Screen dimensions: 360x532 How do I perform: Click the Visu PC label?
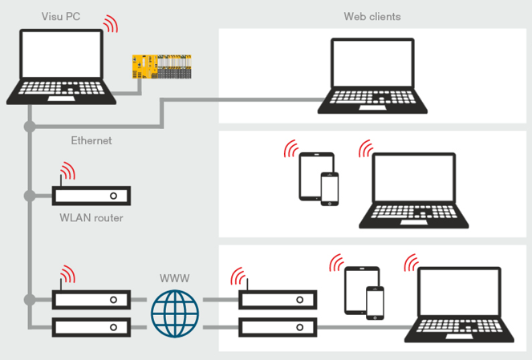click(61, 16)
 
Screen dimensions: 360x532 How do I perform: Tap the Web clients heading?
click(372, 16)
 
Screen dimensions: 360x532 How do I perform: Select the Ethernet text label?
click(91, 140)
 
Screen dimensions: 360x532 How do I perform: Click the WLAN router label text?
click(91, 217)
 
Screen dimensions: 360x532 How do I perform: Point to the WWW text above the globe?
click(175, 278)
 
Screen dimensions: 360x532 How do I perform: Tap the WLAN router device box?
click(91, 196)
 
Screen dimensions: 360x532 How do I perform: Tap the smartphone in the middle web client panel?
click(330, 188)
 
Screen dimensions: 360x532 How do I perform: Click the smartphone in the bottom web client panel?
click(375, 303)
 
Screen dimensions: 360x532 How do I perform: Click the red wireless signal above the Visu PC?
click(110, 24)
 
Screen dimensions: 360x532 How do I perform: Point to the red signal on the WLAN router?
click(67, 172)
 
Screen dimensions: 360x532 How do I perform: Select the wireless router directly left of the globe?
click(91, 300)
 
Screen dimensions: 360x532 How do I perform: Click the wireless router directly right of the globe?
click(278, 300)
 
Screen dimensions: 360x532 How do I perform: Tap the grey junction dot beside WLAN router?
click(30, 196)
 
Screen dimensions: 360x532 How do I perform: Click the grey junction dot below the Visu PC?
click(30, 127)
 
